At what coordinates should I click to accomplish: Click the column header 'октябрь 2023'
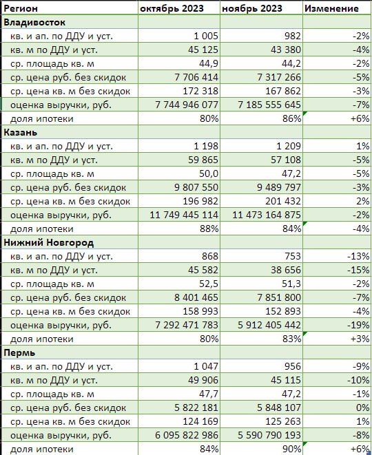tap(172, 8)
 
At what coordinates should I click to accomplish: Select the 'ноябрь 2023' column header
tap(251, 8)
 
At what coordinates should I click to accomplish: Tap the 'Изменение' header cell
tap(331, 8)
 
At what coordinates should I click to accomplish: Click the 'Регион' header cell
tap(21, 8)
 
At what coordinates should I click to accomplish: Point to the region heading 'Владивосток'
tap(34, 22)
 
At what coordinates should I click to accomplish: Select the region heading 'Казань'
tap(21, 132)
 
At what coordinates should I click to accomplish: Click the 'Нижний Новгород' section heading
tap(48, 242)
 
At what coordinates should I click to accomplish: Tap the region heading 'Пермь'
tap(19, 353)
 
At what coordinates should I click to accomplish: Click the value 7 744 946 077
tap(187, 105)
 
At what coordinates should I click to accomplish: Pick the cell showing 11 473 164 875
tap(267, 215)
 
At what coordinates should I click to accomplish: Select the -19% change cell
tap(358, 325)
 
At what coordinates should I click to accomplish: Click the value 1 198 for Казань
tap(206, 146)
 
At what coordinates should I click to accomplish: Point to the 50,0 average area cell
tap(209, 173)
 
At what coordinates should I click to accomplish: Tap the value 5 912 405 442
tap(269, 325)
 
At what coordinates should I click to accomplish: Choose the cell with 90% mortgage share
tap(291, 449)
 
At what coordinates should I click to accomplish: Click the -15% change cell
tap(358, 270)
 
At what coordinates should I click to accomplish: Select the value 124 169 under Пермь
tap(200, 421)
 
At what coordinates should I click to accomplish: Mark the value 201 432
tap(283, 201)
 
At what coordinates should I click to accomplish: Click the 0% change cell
tap(363, 408)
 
